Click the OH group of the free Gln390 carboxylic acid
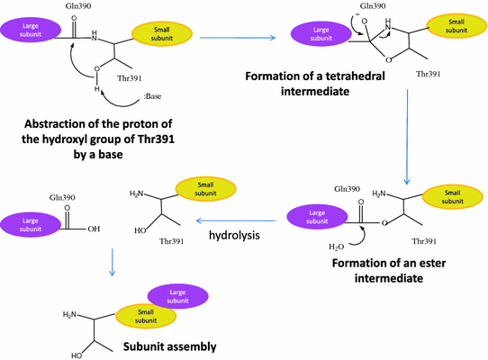[95, 229]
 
